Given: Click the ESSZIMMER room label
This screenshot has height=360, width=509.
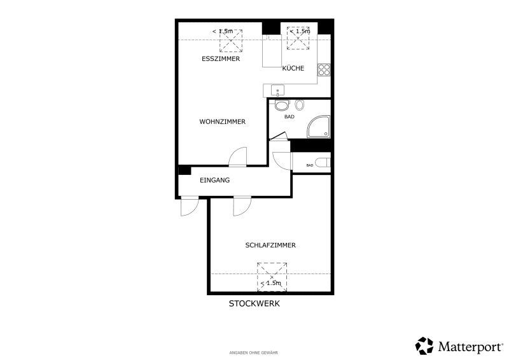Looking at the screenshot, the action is pyautogui.click(x=221, y=59).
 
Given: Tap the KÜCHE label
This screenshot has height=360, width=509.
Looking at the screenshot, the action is pyautogui.click(x=293, y=68).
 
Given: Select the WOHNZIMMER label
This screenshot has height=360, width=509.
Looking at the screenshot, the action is pyautogui.click(x=222, y=121).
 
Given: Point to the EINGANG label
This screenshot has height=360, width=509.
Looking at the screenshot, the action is pyautogui.click(x=214, y=180).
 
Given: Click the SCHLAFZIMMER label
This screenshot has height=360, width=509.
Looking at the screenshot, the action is pyautogui.click(x=270, y=245).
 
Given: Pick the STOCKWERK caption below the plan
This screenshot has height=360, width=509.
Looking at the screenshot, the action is pyautogui.click(x=254, y=303).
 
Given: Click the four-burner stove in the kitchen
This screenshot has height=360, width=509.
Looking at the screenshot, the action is pyautogui.click(x=324, y=69).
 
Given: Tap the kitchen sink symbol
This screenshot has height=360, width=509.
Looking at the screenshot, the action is pyautogui.click(x=277, y=90).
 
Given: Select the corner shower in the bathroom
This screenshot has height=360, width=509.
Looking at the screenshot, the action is pyautogui.click(x=319, y=127).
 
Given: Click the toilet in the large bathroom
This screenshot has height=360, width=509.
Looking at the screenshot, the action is pyautogui.click(x=282, y=105).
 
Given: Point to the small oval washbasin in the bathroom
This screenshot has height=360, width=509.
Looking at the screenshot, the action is pyautogui.click(x=300, y=105).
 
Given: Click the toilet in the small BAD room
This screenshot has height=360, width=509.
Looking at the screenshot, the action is pyautogui.click(x=323, y=163).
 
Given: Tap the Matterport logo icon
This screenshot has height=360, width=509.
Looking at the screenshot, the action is pyautogui.click(x=424, y=345).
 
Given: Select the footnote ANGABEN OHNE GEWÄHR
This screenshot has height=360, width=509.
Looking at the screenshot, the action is pyautogui.click(x=253, y=352).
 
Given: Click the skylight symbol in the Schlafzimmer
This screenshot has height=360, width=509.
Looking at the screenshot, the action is pyautogui.click(x=272, y=277).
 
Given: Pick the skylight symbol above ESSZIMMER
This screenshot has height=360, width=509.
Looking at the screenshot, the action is pyautogui.click(x=231, y=41).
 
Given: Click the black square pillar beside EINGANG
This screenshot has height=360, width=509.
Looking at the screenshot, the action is pyautogui.click(x=185, y=170).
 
